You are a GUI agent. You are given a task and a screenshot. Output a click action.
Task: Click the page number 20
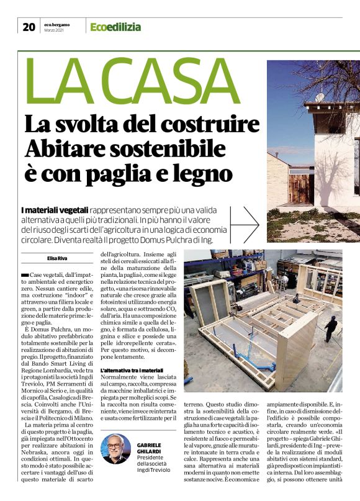pyautogui.click(x=29, y=26)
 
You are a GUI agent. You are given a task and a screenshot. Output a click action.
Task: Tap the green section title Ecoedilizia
pyautogui.click(x=115, y=27)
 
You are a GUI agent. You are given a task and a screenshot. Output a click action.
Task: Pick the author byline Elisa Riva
pyautogui.click(x=58, y=258)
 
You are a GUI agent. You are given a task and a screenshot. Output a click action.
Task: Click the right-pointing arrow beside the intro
pyautogui.click(x=248, y=220)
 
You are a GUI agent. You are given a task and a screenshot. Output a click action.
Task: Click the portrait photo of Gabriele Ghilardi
pyautogui.click(x=116, y=448)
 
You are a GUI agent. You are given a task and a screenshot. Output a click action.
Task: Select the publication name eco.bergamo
pyautogui.click(x=57, y=24)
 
